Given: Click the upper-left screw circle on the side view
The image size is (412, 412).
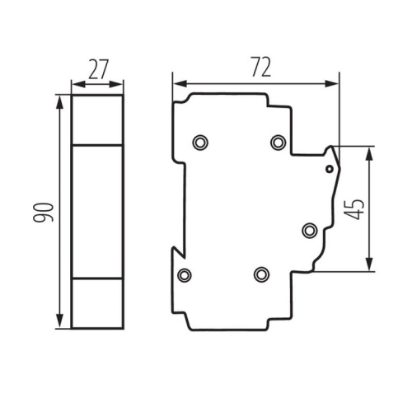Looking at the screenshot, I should (199, 143).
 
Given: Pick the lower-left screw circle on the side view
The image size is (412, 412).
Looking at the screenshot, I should (184, 274).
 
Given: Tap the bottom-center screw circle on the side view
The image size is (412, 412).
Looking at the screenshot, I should (261, 274).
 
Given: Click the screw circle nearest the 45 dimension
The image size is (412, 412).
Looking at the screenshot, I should (309, 229).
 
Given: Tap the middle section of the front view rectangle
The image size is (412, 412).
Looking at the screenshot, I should (98, 212).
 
